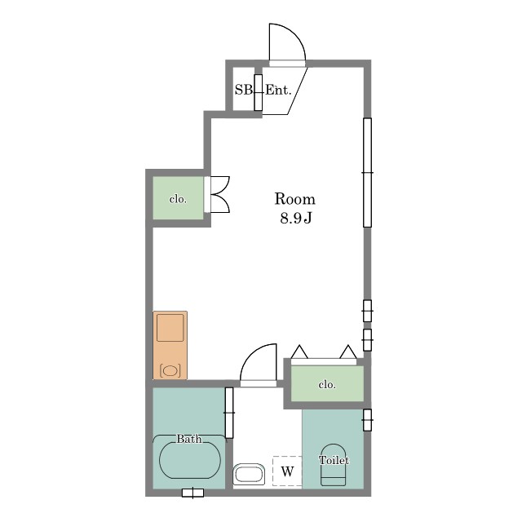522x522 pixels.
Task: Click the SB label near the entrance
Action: (x=243, y=90)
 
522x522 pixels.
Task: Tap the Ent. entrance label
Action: (x=278, y=90)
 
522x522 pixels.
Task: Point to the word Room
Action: (x=295, y=199)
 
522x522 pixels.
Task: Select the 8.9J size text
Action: (x=296, y=219)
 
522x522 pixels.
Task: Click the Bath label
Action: (x=189, y=439)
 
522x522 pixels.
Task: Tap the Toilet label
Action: (x=334, y=460)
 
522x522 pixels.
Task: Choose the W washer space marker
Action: (x=288, y=471)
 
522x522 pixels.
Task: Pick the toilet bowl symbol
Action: (x=334, y=465)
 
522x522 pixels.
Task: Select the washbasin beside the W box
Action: (x=249, y=474)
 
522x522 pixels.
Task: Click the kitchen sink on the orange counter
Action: (x=170, y=328)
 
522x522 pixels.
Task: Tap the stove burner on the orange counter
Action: (x=170, y=370)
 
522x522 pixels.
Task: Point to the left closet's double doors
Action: (x=219, y=194)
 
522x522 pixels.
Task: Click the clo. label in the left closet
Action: (x=178, y=199)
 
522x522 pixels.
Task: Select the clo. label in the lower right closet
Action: (x=327, y=384)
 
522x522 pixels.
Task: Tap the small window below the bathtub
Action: (x=192, y=493)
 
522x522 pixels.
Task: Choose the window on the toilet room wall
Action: (x=367, y=420)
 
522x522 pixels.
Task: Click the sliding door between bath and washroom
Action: (x=229, y=413)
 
